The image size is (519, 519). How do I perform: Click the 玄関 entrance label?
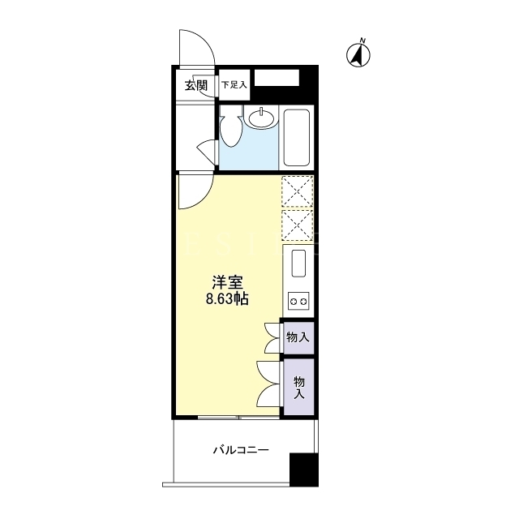click(196, 86)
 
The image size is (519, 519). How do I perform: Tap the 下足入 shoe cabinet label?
click(234, 85)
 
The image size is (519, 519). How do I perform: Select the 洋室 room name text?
click(227, 283)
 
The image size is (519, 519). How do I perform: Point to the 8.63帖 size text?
click(227, 299)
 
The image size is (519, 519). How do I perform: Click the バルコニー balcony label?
click(241, 451)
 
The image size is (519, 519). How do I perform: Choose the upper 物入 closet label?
click(298, 337)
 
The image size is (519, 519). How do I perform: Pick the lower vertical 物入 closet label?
click(299, 388)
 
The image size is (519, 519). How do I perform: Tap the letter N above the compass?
click(362, 41)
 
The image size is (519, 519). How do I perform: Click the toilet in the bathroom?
click(230, 127)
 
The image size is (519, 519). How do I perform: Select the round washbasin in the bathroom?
click(261, 118)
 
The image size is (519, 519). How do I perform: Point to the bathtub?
click(297, 137)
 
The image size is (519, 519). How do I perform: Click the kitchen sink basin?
click(298, 264)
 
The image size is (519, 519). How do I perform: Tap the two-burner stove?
click(298, 301)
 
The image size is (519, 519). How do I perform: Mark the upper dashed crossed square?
click(298, 191)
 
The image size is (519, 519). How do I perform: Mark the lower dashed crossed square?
click(298, 225)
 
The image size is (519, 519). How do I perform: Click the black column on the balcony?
click(304, 470)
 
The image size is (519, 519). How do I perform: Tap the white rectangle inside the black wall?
click(277, 78)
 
